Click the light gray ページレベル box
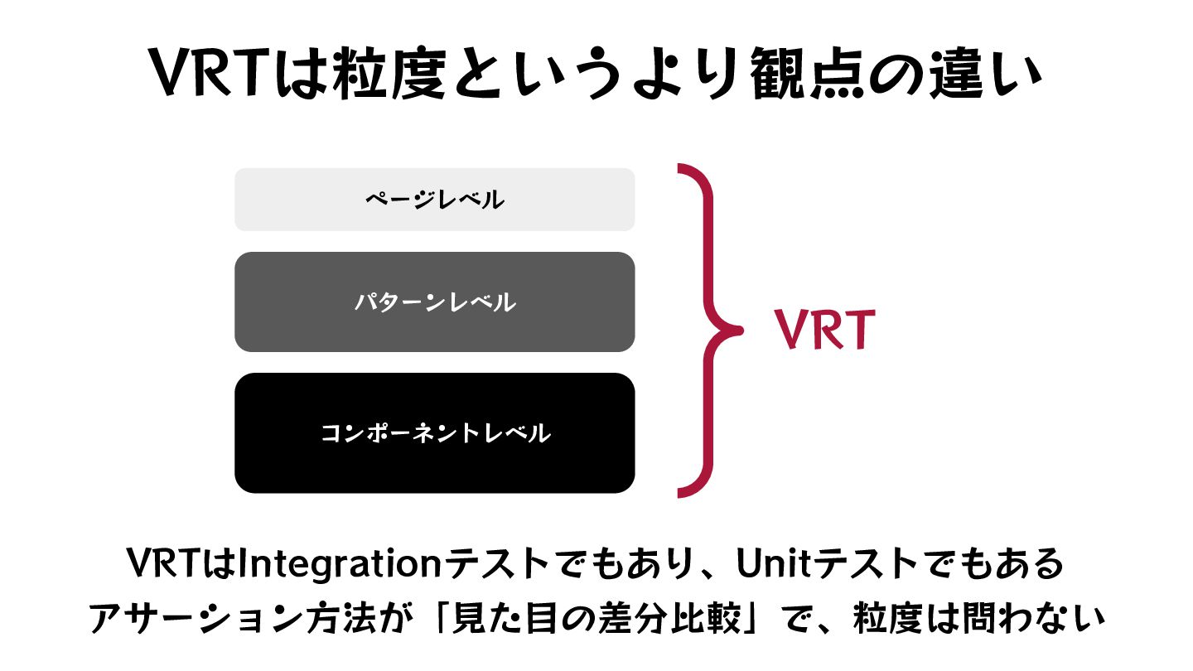tap(434, 200)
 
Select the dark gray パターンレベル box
tap(434, 302)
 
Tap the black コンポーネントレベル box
tap(434, 433)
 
